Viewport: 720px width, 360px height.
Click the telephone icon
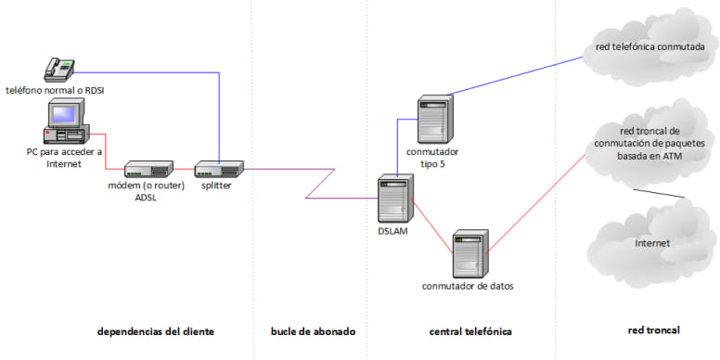tap(60, 69)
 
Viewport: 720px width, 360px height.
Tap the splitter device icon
tap(219, 168)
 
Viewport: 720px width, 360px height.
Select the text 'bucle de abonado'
tap(312, 331)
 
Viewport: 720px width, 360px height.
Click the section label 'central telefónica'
tap(469, 331)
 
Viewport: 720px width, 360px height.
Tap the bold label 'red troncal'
tap(654, 330)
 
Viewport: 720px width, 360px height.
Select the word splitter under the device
tap(216, 185)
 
